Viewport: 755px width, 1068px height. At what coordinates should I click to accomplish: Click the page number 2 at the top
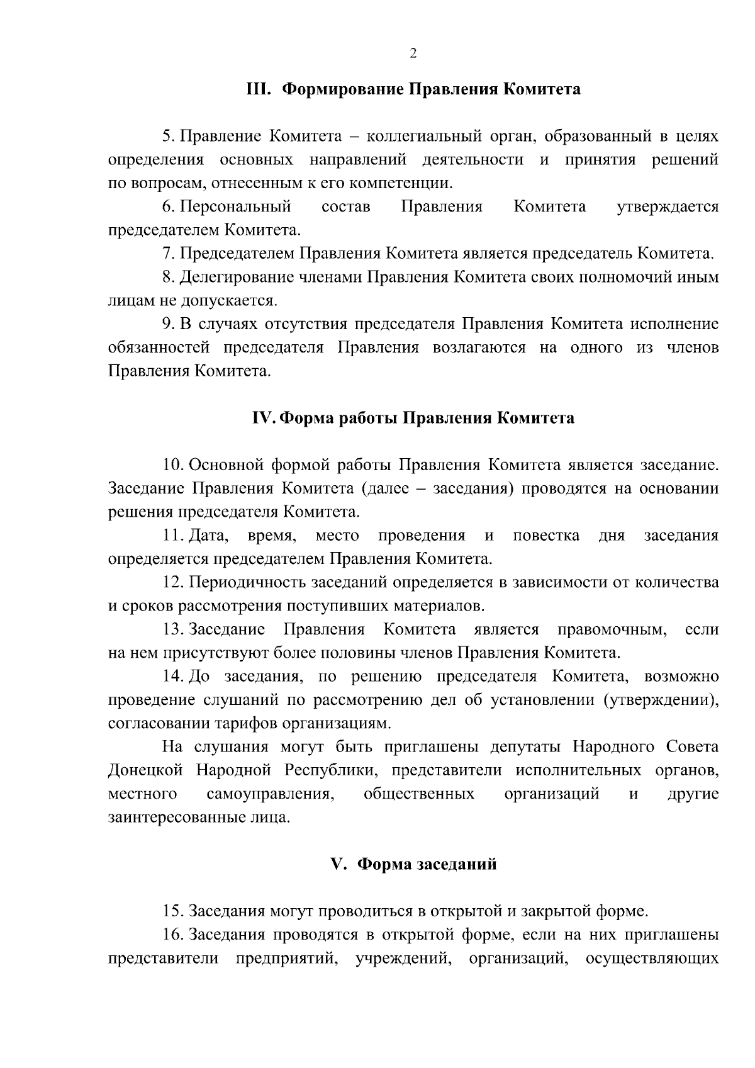click(x=413, y=54)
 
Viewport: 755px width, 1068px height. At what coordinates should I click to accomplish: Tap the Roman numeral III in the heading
click(x=257, y=89)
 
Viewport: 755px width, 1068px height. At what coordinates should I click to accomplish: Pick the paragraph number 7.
click(x=168, y=254)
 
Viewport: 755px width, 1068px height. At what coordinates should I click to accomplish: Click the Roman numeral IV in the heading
click(x=260, y=419)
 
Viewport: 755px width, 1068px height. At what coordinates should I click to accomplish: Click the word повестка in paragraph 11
click(x=546, y=536)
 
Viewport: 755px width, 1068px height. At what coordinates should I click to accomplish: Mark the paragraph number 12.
click(x=172, y=583)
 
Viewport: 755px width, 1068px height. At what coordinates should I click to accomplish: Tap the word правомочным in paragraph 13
click(x=612, y=630)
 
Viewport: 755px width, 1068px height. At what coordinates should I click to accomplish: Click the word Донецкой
click(x=145, y=771)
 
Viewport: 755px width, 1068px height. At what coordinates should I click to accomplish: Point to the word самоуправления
click(x=270, y=794)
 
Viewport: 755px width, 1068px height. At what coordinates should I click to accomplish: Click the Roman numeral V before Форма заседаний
click(x=338, y=865)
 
